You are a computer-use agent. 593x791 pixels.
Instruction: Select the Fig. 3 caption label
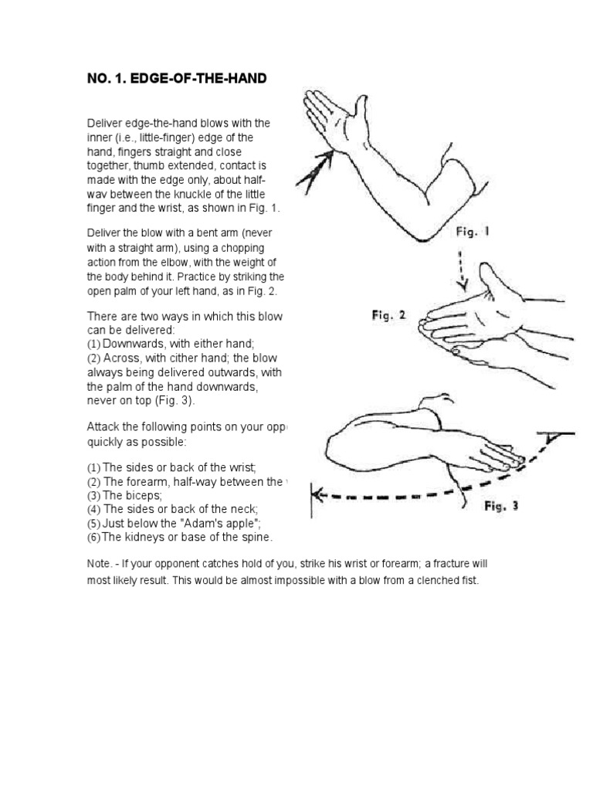click(x=501, y=506)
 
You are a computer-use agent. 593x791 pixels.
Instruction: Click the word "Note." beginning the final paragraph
click(x=100, y=564)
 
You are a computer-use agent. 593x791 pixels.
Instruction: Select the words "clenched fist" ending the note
click(x=448, y=580)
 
